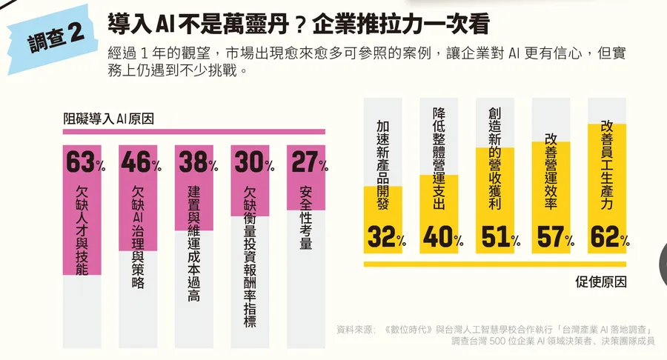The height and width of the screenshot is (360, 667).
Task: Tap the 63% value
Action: pos(84,162)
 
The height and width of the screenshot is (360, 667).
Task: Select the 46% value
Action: pos(140,162)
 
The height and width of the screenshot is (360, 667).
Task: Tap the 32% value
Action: pos(386,238)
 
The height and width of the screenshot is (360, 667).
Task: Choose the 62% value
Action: pos(610,238)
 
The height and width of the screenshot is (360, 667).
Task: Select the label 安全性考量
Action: pos(305,218)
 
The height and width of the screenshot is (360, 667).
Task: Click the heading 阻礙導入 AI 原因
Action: pos(113,118)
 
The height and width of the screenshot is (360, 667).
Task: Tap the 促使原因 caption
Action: pos(600,282)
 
